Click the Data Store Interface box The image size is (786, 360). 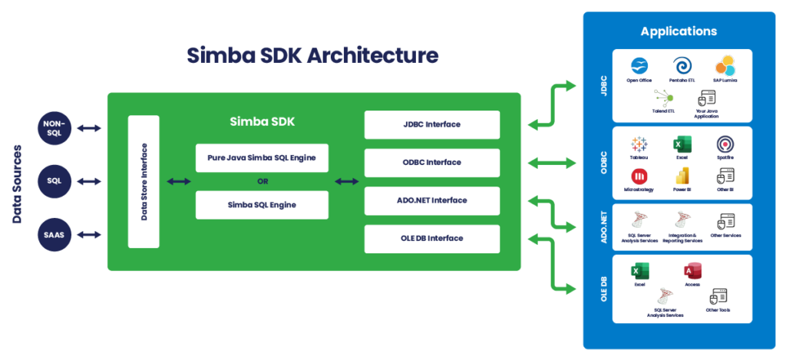tap(144, 181)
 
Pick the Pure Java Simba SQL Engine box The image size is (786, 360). tap(262, 157)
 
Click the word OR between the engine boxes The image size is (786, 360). tap(262, 181)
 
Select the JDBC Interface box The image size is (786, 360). tap(432, 124)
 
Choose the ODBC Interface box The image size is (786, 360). tap(432, 162)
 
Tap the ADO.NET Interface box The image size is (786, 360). tap(432, 200)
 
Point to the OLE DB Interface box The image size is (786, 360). tap(432, 238)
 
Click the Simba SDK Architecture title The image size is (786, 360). tap(312, 55)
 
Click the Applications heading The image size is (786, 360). tap(678, 31)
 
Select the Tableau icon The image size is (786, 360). tap(638, 144)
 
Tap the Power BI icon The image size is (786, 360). tap(681, 175)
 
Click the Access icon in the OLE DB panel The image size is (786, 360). tap(692, 270)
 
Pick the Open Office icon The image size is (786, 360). tap(638, 65)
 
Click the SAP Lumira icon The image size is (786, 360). tap(725, 65)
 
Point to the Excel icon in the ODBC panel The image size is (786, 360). tap(681, 144)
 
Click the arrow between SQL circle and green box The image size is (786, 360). tap(89, 181)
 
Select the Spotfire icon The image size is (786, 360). tap(725, 144)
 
